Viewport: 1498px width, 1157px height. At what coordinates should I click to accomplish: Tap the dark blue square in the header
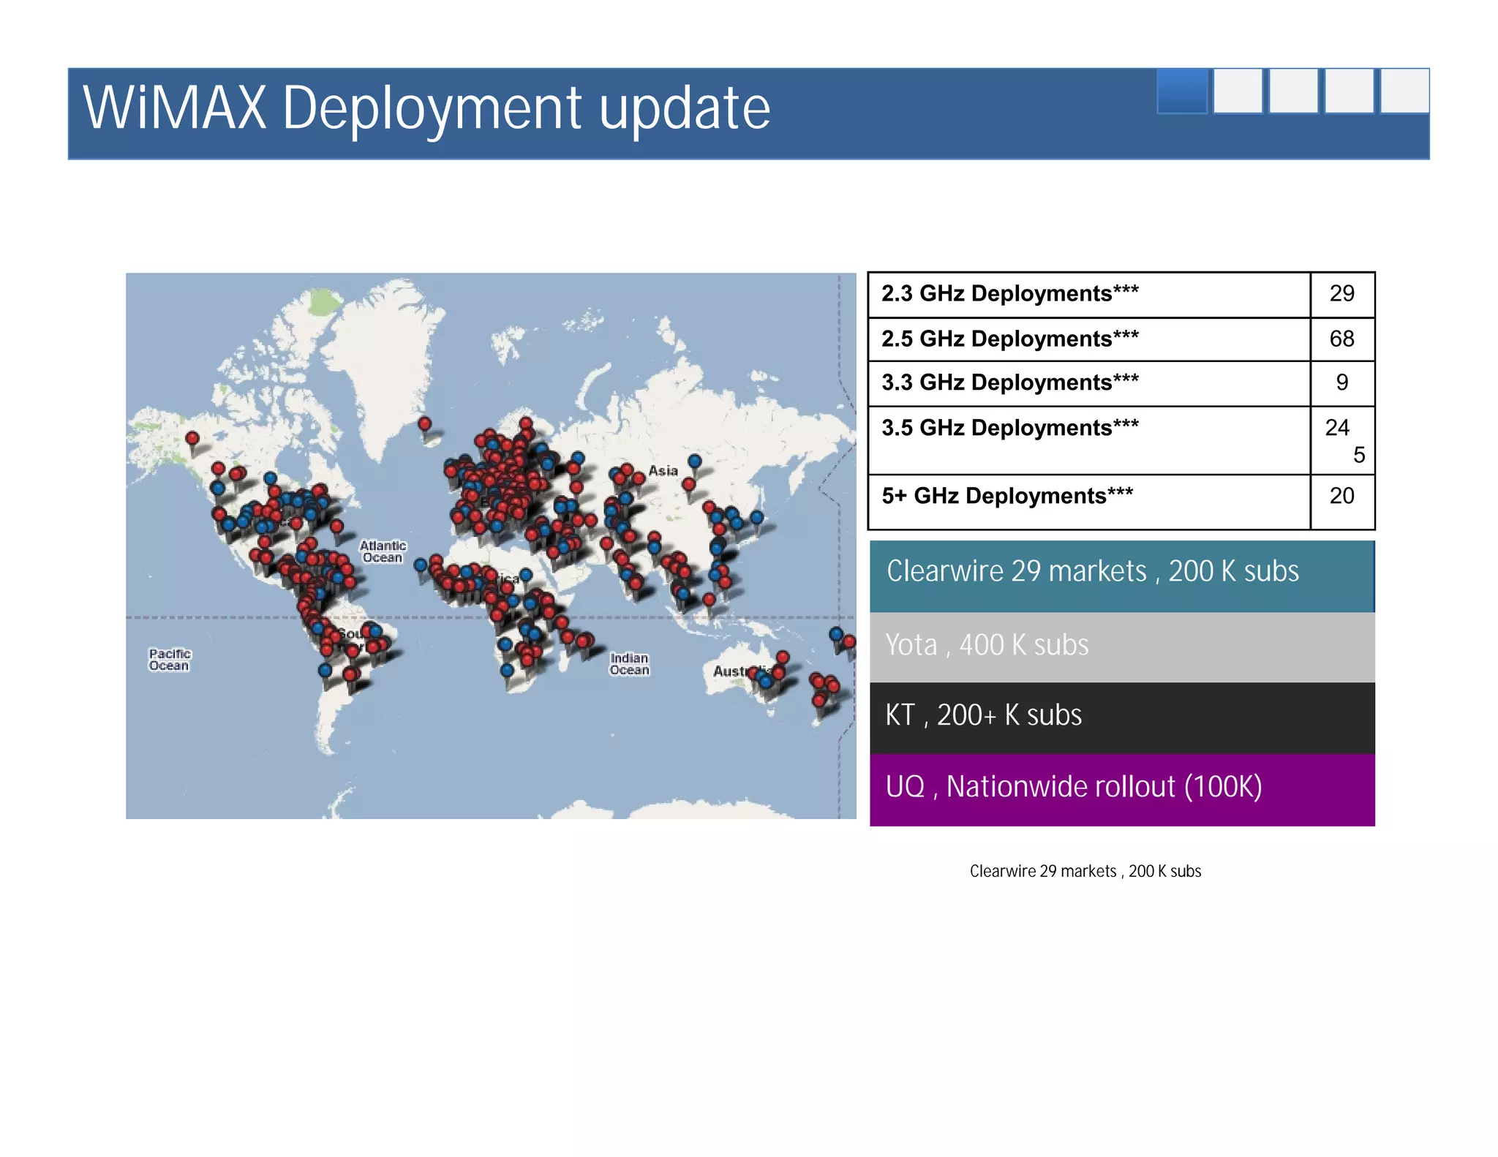tap(1182, 91)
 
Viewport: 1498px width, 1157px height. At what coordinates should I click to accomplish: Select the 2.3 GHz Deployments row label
tap(1009, 293)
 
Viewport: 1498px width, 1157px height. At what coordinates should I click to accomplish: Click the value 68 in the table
tap(1341, 339)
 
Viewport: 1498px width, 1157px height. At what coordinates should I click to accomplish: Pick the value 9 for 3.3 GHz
tap(1341, 382)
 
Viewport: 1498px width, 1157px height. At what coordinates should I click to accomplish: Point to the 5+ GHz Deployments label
tap(1006, 496)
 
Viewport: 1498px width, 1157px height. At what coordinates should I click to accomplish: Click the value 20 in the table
tap(1341, 496)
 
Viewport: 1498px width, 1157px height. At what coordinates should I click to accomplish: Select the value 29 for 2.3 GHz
tap(1341, 293)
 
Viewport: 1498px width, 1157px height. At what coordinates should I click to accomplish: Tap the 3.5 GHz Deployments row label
tap(1009, 428)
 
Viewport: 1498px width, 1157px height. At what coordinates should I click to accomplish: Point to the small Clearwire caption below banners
tap(1085, 871)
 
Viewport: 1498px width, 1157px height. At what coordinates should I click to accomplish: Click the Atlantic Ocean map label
tap(383, 551)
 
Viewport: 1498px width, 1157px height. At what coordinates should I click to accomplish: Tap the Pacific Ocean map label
tap(170, 660)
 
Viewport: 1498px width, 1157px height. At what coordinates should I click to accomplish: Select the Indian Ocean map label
tap(629, 664)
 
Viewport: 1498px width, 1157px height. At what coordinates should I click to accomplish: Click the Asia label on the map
tap(663, 471)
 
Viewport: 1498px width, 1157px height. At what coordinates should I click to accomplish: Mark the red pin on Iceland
tap(424, 424)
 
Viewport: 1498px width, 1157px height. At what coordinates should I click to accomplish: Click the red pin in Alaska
tap(192, 439)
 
